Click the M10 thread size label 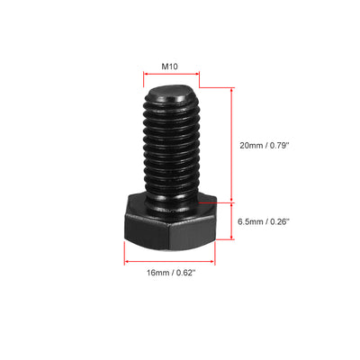pos(169,66)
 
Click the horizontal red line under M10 pos(169,78)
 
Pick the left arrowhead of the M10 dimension pos(144,78)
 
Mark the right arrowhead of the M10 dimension pos(195,78)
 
